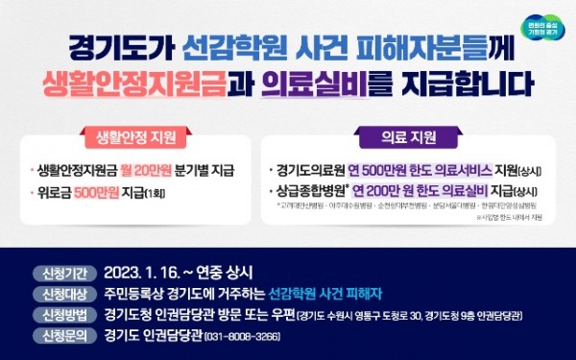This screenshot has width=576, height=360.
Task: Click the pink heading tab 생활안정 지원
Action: point(143,136)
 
